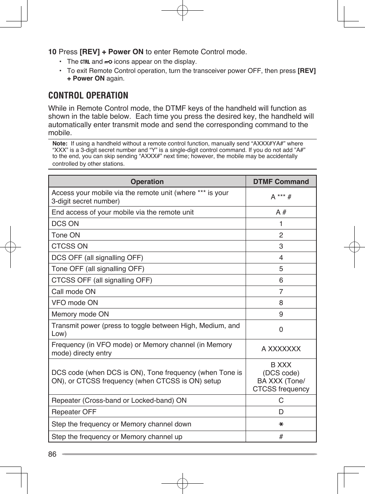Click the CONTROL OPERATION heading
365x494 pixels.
88,95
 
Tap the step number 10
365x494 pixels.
52,52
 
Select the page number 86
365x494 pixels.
52,454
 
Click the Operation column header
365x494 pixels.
147,182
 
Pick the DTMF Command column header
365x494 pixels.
281,182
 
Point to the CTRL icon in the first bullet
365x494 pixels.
85,62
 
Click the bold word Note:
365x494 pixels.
60,144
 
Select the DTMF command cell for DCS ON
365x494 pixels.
281,224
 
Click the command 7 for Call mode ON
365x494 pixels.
281,292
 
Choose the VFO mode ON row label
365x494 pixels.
75,303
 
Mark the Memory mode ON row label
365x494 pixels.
80,314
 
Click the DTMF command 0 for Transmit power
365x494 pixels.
281,329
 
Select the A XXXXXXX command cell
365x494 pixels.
281,349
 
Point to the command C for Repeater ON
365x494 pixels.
281,400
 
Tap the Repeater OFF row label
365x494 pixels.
74,412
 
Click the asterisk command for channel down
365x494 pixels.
281,425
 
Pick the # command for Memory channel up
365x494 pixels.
281,437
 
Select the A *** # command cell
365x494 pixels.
281,197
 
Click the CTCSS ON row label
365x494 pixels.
70,246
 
